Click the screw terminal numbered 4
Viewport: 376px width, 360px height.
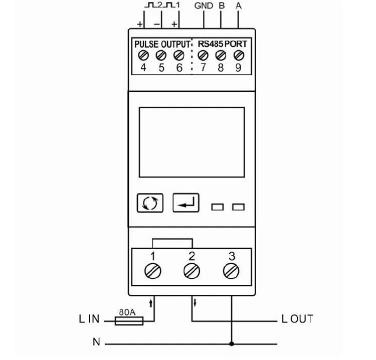(143, 55)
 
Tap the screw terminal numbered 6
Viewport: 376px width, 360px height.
(178, 55)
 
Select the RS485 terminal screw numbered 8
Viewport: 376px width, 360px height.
(221, 55)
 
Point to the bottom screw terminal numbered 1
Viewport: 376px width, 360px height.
(153, 271)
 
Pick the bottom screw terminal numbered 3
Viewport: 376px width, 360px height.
(231, 271)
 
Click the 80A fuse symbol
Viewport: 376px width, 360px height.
(129, 321)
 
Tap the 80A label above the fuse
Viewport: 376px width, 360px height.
(127, 312)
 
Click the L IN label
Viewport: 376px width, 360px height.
(89, 319)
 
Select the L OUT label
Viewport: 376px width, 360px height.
(297, 319)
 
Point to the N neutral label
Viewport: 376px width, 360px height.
(96, 342)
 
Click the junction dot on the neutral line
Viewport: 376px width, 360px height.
(232, 344)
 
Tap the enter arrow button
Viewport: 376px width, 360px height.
(186, 203)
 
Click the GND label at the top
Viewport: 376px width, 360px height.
(204, 6)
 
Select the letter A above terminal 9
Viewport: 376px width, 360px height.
(238, 6)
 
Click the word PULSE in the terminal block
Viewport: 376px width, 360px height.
(146, 44)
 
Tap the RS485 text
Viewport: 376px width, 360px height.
(211, 44)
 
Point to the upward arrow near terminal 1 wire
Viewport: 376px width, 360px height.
(151, 303)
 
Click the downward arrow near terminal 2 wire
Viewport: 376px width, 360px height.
(195, 303)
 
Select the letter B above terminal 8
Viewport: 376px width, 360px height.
(222, 6)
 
